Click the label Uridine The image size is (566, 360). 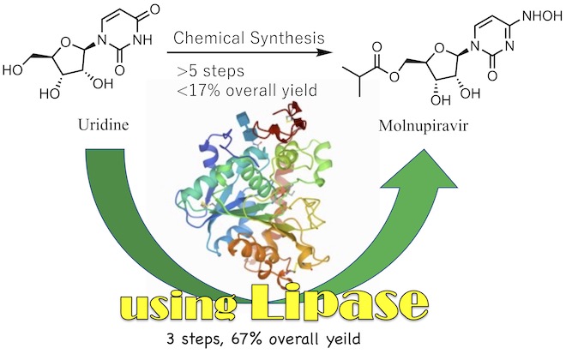pyautogui.click(x=104, y=125)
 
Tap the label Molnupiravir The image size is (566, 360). pyautogui.click(x=423, y=126)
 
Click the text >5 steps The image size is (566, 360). pyautogui.click(x=210, y=70)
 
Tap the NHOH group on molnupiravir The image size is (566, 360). pyautogui.click(x=540, y=16)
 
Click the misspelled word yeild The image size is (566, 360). pyautogui.click(x=343, y=339)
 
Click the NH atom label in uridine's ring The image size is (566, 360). pyautogui.click(x=142, y=40)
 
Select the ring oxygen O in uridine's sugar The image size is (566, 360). pyautogui.click(x=66, y=43)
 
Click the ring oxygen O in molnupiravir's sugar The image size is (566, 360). pyautogui.click(x=439, y=48)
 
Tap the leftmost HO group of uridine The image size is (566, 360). pyautogui.click(x=13, y=69)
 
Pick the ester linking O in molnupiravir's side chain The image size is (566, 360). pyautogui.click(x=394, y=76)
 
